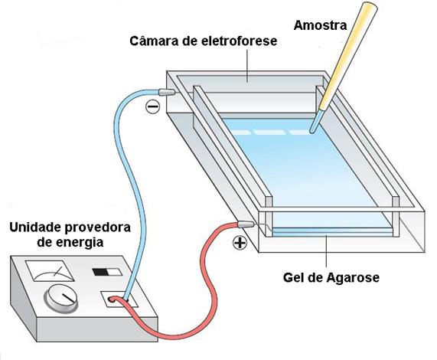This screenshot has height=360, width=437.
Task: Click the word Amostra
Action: point(320,25)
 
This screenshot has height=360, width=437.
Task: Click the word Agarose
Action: point(353,277)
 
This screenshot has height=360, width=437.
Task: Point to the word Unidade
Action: point(35,227)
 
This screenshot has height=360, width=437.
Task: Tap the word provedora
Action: point(97,227)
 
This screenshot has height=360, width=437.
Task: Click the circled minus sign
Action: point(153,106)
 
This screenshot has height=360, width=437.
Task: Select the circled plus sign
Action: point(240,243)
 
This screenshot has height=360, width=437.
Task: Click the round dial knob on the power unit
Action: point(60,299)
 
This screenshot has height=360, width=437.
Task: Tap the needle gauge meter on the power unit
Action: point(50,271)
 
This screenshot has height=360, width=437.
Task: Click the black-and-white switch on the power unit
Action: point(107,272)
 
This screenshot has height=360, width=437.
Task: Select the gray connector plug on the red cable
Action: point(246,224)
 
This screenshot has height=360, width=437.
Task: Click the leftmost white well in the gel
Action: point(241,133)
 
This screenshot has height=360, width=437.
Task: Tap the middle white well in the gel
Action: point(269,133)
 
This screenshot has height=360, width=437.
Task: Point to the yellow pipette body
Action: point(349,56)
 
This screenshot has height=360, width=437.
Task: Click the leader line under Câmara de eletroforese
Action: point(247,66)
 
